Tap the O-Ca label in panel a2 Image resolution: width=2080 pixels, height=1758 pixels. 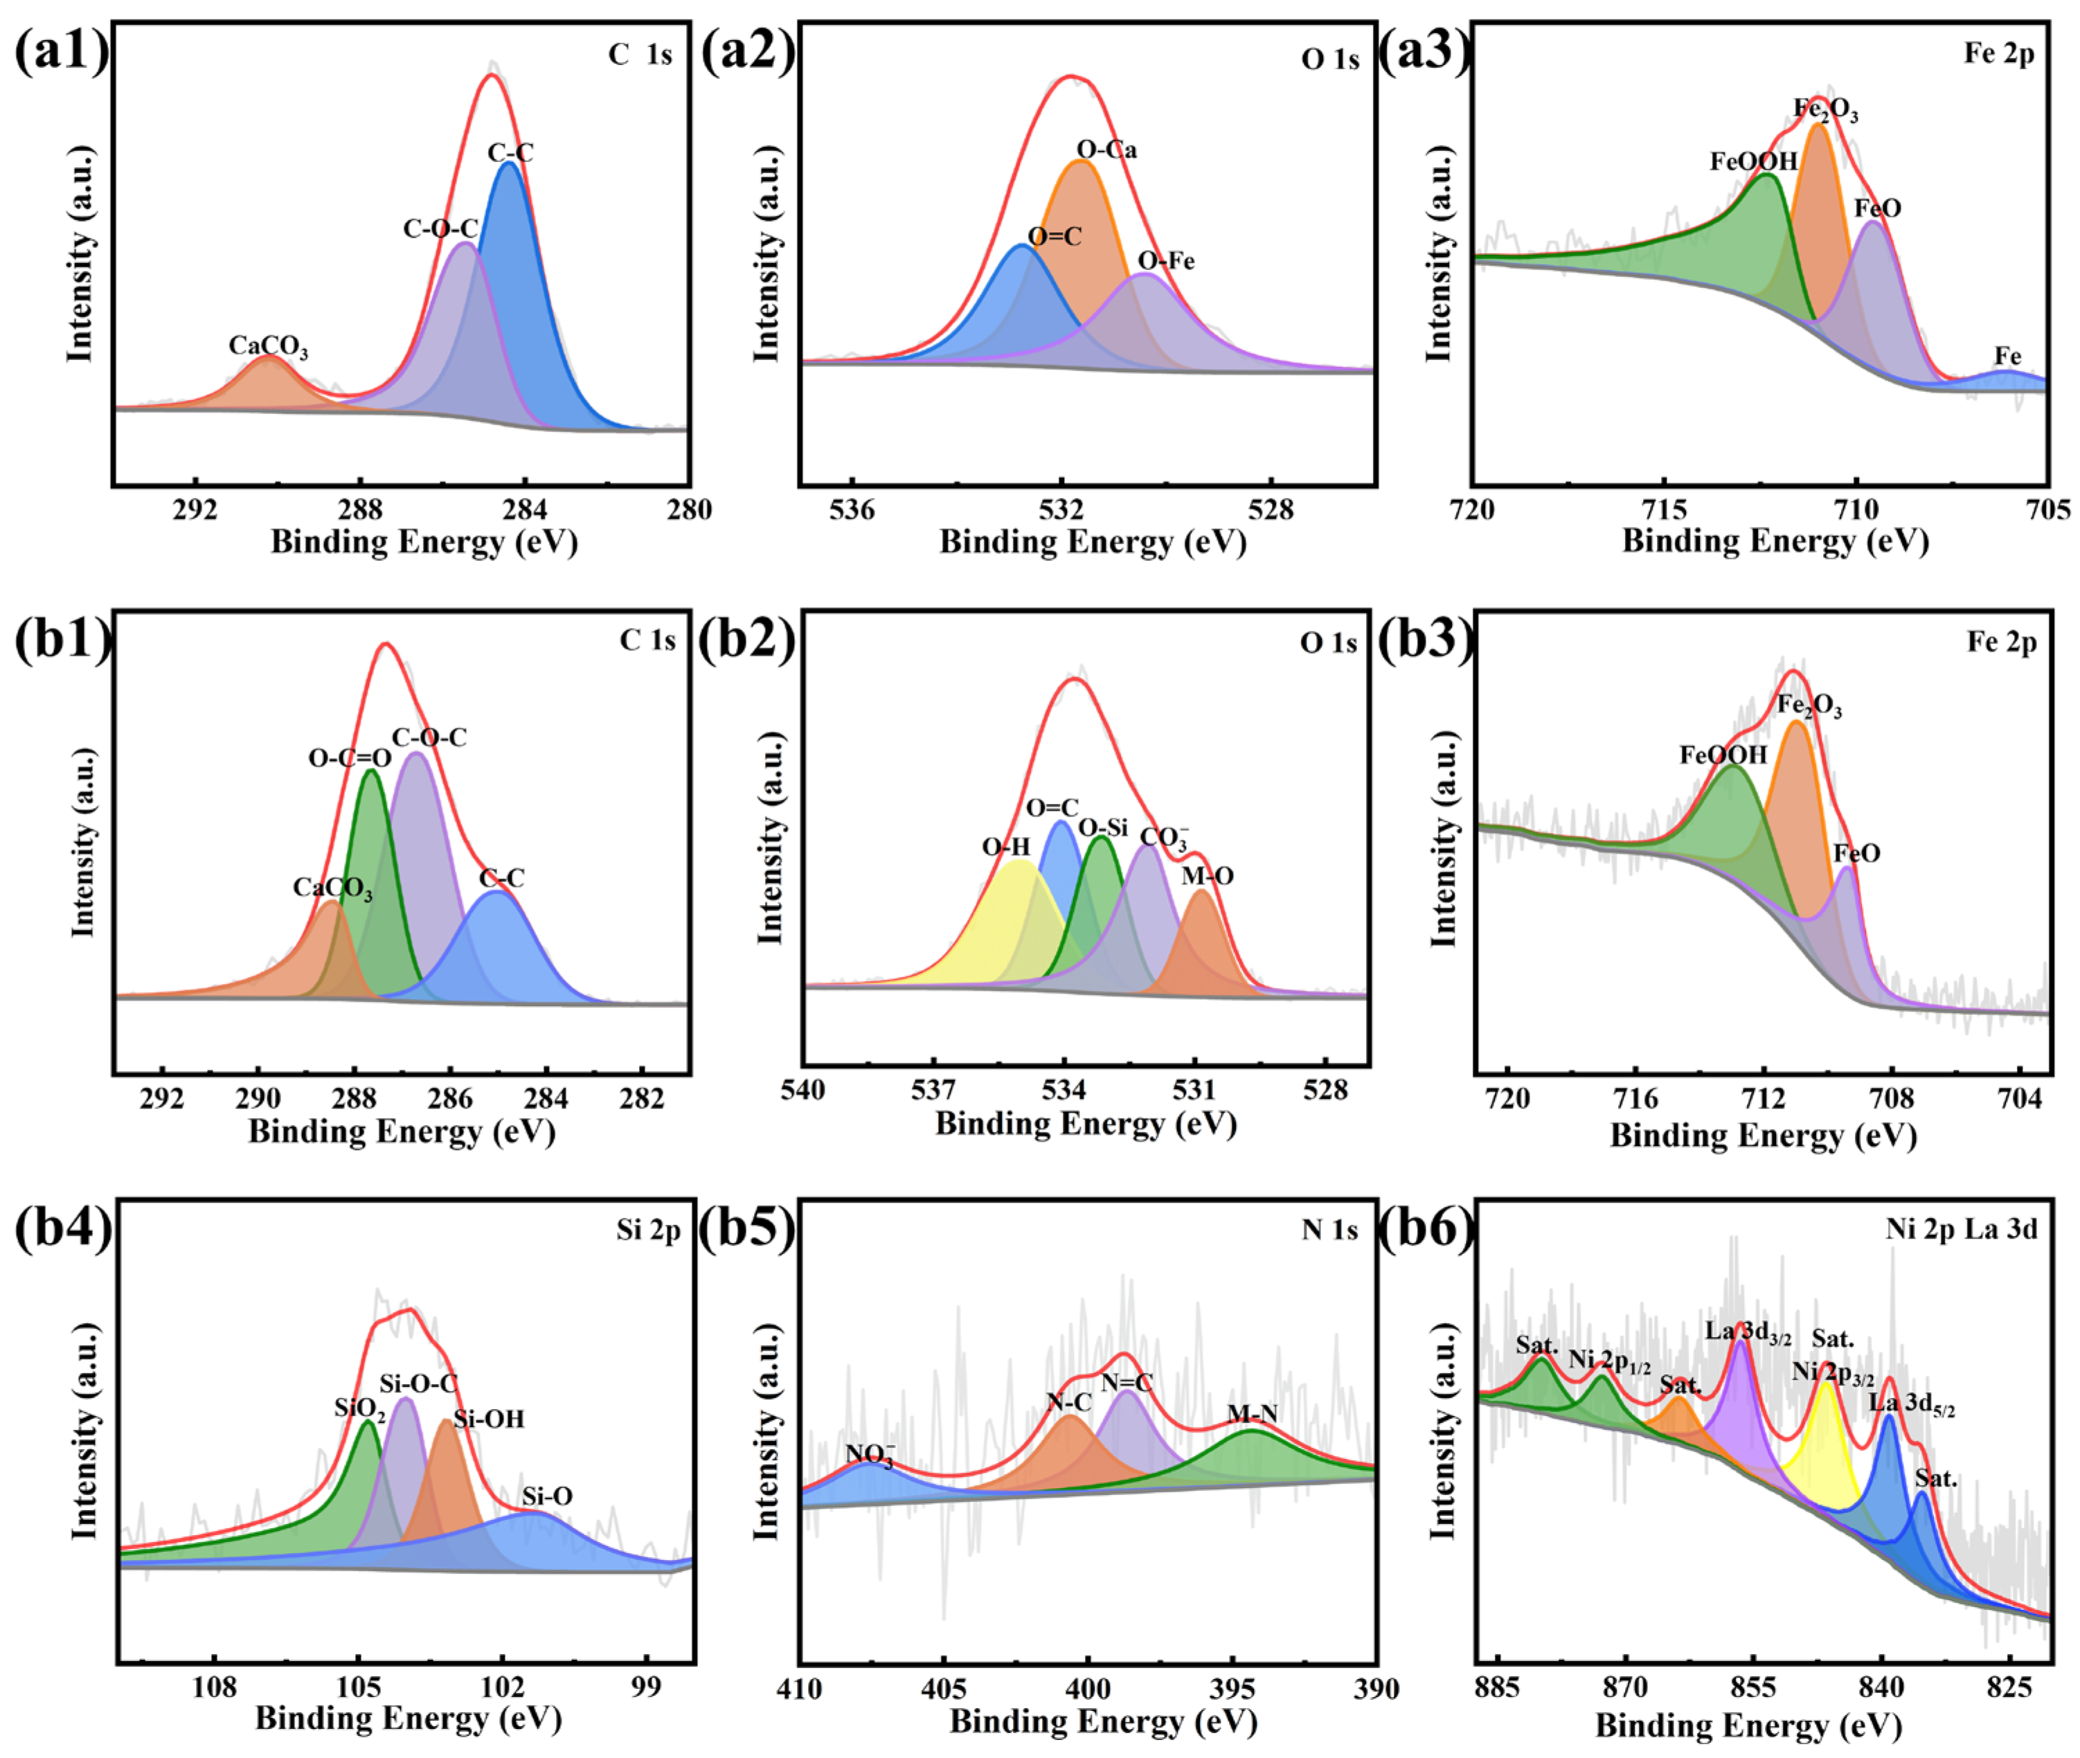pyautogui.click(x=1106, y=150)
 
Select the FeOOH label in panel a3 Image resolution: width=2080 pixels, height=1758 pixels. pyautogui.click(x=1753, y=161)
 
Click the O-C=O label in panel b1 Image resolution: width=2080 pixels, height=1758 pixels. pyautogui.click(x=349, y=758)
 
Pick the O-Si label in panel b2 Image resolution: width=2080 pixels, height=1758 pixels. pyautogui.click(x=1103, y=827)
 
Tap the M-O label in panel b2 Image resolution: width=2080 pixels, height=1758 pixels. pyautogui.click(x=1207, y=876)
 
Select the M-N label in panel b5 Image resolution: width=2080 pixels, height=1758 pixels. pyautogui.click(x=1252, y=1413)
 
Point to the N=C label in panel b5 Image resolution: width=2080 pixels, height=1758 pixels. pyautogui.click(x=1127, y=1382)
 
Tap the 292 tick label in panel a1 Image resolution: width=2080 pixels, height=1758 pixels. pyautogui.click(x=195, y=510)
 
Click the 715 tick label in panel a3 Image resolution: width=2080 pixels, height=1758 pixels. pyautogui.click(x=1663, y=510)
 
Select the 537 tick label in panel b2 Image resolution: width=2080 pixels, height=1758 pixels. pyautogui.click(x=933, y=1091)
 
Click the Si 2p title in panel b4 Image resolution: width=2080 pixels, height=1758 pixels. pyautogui.click(x=648, y=1231)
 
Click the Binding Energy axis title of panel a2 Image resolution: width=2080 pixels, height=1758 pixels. pyautogui.click(x=1093, y=542)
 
